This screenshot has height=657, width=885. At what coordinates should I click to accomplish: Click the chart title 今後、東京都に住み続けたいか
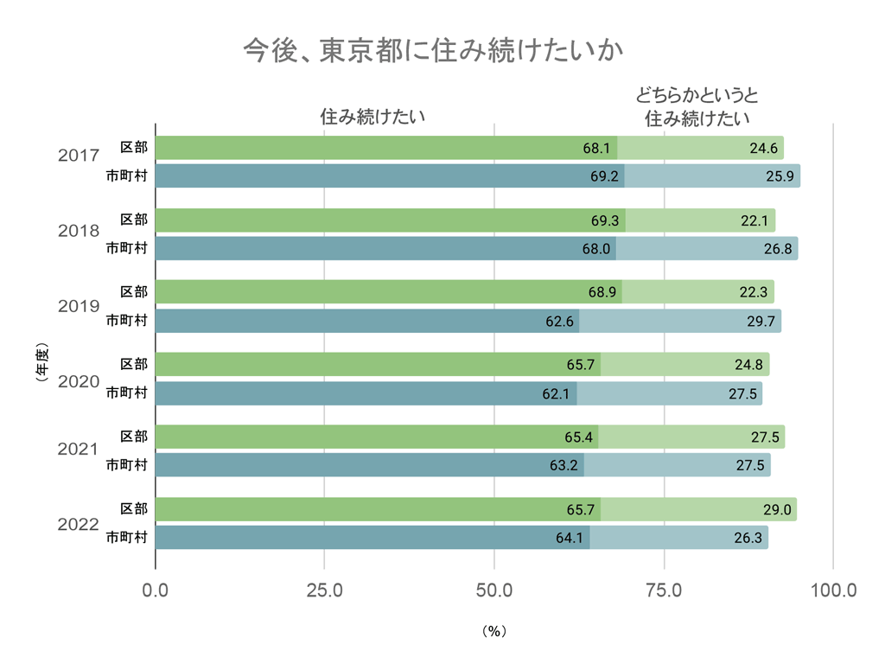pos(433,50)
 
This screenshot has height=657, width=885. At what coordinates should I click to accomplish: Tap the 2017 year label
pos(79,156)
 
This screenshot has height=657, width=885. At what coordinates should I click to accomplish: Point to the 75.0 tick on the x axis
pos(664,591)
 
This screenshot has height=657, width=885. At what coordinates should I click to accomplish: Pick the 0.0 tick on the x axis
pos(156,591)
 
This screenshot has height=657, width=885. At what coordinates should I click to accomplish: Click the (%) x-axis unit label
pos(493,631)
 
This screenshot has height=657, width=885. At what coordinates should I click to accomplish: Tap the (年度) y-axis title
pos(41,364)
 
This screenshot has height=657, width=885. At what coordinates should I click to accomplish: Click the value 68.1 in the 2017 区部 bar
pos(596,149)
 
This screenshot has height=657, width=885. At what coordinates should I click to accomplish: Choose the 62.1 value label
pos(557,394)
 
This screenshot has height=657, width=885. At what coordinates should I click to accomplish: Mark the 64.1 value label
pos(570,539)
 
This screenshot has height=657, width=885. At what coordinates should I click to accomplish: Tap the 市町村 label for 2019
pos(126,321)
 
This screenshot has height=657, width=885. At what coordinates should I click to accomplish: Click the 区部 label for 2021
pos(134,436)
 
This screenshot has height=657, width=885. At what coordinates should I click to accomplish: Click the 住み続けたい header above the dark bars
pos(372,116)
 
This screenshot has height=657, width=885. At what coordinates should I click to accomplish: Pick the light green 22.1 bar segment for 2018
pos(700,220)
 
